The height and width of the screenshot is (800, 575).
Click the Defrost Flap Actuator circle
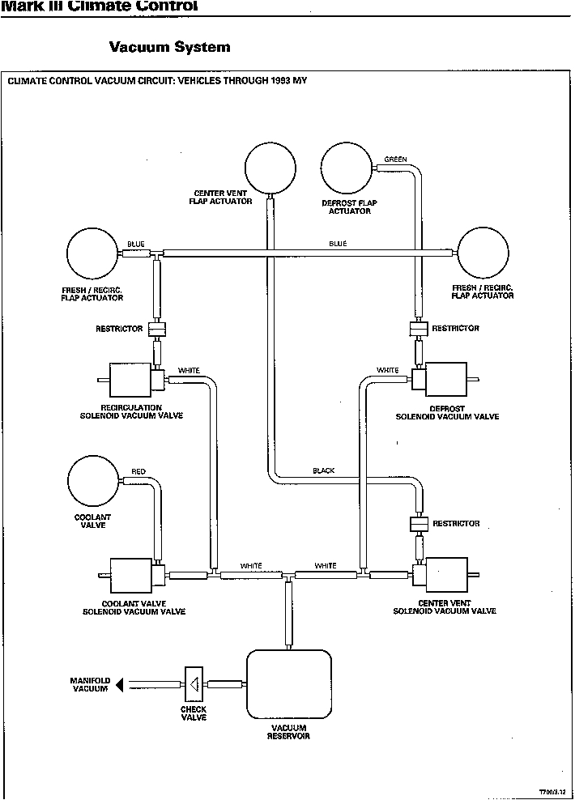tap(346, 168)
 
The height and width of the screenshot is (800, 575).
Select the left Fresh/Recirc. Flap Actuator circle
tap(92, 253)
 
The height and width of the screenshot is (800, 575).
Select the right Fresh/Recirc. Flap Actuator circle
tap(483, 253)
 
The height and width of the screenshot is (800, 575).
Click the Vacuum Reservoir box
tap(288, 684)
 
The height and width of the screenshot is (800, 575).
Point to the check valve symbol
tap(194, 685)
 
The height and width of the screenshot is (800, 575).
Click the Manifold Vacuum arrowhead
tap(119, 685)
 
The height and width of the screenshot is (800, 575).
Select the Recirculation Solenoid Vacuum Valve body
tap(130, 379)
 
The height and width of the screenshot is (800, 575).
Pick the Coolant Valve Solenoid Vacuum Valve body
tap(131, 575)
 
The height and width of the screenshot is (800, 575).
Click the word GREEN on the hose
tap(395, 160)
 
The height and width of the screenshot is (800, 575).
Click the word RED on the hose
tap(138, 471)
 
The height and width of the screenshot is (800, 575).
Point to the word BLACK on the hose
tap(323, 470)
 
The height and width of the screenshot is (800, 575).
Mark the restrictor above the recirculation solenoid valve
tap(156, 329)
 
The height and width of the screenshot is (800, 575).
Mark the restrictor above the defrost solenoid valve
tap(417, 329)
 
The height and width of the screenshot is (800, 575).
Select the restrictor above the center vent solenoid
tap(418, 524)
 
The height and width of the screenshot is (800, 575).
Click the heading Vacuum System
tap(169, 47)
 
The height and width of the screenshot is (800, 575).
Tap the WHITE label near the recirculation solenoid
tap(189, 371)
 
